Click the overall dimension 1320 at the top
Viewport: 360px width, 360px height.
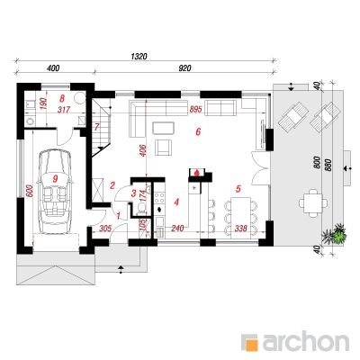[x=139, y=56]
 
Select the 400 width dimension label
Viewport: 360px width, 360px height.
[x=53, y=68]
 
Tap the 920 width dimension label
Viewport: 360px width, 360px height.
[x=184, y=68]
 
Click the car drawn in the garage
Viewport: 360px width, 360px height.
[x=55, y=192]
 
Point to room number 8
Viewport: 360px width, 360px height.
[x=62, y=98]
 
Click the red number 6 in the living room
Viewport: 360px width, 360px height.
[x=198, y=131]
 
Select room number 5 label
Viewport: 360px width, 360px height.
[x=238, y=189]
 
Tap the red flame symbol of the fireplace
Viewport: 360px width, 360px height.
[x=197, y=173]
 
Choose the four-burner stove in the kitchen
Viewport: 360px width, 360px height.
[x=159, y=197]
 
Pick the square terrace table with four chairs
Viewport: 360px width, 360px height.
[x=313, y=203]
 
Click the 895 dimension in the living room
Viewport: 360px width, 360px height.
[x=195, y=110]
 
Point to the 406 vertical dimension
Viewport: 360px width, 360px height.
[x=142, y=150]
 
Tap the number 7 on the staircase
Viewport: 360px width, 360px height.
[x=96, y=127]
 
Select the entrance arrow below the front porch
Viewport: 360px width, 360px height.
[x=121, y=269]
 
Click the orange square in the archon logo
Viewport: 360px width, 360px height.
[x=252, y=344]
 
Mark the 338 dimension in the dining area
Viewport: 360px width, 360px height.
[x=241, y=229]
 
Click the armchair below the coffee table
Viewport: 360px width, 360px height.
[x=164, y=148]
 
